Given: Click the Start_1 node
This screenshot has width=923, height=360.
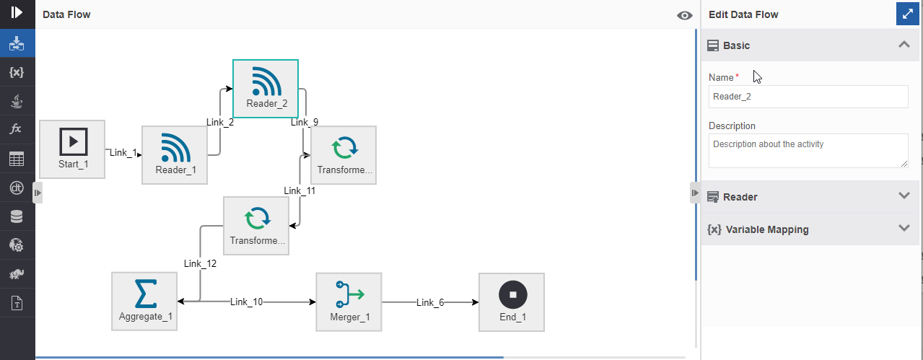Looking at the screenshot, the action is [x=72, y=149].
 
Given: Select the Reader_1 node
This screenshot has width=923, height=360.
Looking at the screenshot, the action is [x=175, y=155].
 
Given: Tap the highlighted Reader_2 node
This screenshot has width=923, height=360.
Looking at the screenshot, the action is [x=266, y=89].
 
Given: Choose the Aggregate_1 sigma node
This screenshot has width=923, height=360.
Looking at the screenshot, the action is [x=144, y=301].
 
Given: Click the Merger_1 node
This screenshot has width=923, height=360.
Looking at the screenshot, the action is [x=349, y=302].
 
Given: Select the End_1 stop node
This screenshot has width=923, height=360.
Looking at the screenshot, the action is [x=512, y=302].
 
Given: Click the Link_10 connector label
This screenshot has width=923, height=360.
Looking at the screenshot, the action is [x=246, y=302].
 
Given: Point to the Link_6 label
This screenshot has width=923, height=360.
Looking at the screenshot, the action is [x=430, y=303].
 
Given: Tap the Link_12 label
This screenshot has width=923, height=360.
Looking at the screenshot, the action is [x=200, y=263].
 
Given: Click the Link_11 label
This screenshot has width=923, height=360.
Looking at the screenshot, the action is [x=299, y=190].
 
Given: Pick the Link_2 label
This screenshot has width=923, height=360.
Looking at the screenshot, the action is [x=220, y=123].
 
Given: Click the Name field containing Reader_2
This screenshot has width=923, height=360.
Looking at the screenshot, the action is [x=808, y=97].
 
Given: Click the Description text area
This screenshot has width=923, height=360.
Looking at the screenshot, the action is [x=808, y=150].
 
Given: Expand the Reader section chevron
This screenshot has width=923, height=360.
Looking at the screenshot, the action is [x=904, y=196].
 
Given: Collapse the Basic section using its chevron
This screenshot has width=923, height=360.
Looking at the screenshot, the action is [x=904, y=45].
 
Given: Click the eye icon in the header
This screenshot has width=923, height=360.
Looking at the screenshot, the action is [x=684, y=16].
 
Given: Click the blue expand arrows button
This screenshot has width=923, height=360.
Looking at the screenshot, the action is [x=907, y=14].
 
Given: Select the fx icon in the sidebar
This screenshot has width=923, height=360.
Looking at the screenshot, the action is [x=16, y=129].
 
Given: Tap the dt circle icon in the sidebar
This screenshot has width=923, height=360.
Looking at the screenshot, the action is [x=17, y=188].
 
